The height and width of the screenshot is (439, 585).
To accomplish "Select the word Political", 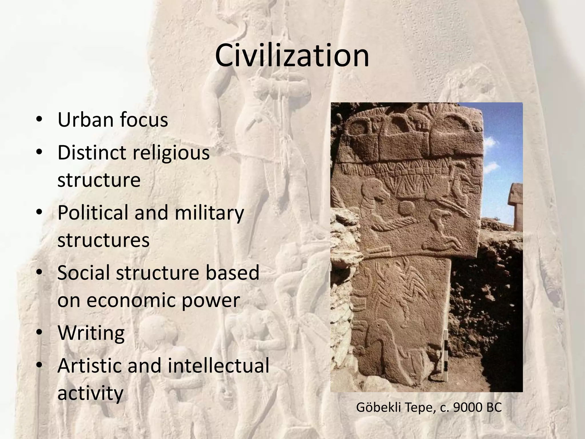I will [93, 213].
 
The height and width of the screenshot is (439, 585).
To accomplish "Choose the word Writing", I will [91, 333].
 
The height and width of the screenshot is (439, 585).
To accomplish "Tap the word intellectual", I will [218, 366].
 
